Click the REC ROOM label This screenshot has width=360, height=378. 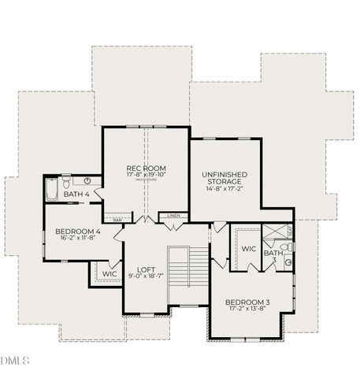pyautogui.click(x=146, y=168)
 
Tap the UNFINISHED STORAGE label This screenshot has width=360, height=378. pyautogui.click(x=225, y=179)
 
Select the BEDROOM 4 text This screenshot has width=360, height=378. pyautogui.click(x=77, y=232)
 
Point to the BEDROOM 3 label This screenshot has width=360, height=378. pyautogui.click(x=247, y=302)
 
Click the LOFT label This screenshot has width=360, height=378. pyautogui.click(x=145, y=269)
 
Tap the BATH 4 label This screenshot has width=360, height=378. pyautogui.click(x=76, y=194)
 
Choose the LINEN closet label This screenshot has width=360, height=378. pyautogui.click(x=173, y=215)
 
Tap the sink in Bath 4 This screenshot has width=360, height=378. pyautogui.click(x=88, y=180)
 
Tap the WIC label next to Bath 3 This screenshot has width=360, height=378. pyautogui.click(x=249, y=249)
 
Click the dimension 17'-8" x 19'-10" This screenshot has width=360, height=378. pyautogui.click(x=146, y=176)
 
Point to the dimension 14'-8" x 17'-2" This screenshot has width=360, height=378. pyautogui.click(x=225, y=188)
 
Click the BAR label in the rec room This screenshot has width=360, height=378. pyautogui.click(x=117, y=220)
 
